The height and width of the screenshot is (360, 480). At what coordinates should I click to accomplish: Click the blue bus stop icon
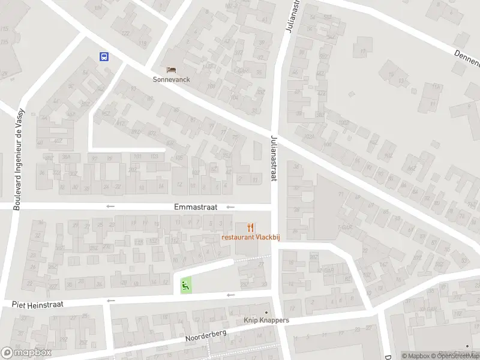pos(104,57)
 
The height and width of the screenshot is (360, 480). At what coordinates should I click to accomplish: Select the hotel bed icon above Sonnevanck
pos(172,70)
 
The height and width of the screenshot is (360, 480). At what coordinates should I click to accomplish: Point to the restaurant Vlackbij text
pos(251,237)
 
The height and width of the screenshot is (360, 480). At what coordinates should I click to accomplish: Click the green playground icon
pos(186,285)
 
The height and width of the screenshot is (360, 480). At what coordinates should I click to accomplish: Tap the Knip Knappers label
pos(266,320)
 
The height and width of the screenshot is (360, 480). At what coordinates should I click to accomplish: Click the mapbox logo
pos(25,353)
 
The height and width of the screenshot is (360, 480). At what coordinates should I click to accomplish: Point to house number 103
pos(154,157)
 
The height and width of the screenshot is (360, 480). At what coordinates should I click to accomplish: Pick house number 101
pos(137,157)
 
